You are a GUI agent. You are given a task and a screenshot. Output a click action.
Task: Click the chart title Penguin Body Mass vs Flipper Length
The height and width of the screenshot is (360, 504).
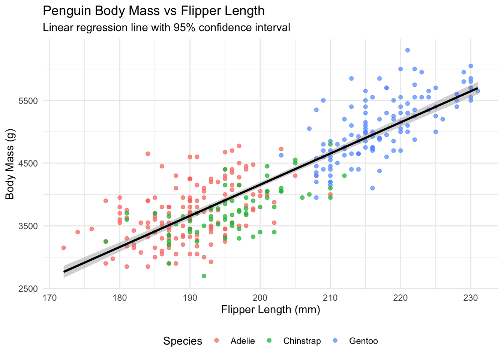(x=154, y=11)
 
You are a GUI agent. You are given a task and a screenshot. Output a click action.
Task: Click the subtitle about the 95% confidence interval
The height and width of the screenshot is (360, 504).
(x=166, y=28)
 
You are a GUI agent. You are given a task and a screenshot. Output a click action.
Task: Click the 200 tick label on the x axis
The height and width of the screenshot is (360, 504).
(x=260, y=298)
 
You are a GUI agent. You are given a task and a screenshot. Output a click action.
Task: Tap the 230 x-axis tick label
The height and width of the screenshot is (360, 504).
(x=471, y=298)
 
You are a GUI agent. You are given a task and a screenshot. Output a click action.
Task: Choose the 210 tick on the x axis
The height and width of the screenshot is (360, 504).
(x=330, y=298)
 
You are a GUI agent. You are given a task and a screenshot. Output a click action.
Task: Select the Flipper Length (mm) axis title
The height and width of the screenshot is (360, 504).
(x=270, y=310)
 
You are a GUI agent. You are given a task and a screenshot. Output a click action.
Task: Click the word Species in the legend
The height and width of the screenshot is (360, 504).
(x=183, y=341)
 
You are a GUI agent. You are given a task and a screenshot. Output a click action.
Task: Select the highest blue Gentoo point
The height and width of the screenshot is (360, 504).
(x=408, y=50)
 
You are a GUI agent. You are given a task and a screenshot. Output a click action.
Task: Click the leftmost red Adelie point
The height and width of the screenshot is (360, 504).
(x=63, y=247)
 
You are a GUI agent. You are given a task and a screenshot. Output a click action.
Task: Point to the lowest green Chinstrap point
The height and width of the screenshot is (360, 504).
(x=204, y=276)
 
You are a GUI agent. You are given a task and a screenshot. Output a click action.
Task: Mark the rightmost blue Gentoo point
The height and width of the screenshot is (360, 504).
(x=477, y=91)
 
